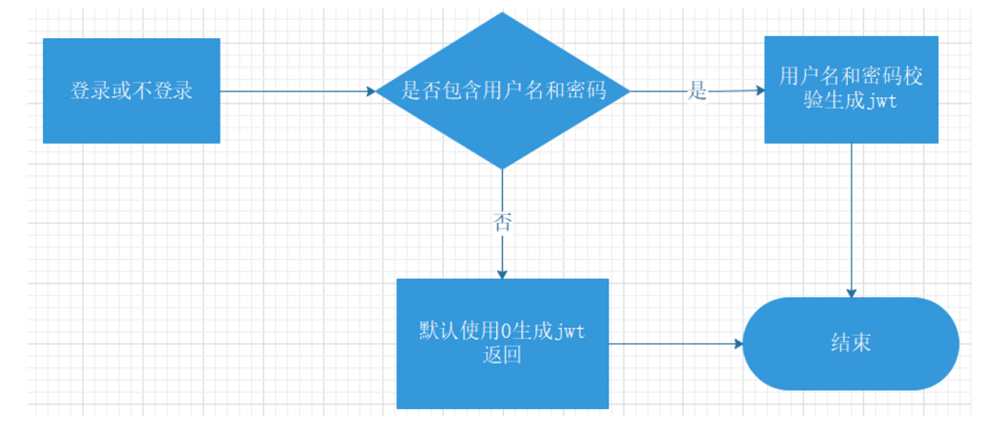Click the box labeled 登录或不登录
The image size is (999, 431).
click(x=131, y=90)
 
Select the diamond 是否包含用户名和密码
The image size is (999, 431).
click(x=503, y=91)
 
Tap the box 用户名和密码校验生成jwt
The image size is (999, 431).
click(x=851, y=89)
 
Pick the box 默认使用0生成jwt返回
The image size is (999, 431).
click(x=502, y=343)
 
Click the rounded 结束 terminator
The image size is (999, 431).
click(x=851, y=343)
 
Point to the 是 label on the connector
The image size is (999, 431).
click(x=698, y=92)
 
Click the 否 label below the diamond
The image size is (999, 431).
click(x=502, y=223)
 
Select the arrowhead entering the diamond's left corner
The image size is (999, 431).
click(x=371, y=92)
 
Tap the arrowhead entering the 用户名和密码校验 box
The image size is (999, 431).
click(x=759, y=91)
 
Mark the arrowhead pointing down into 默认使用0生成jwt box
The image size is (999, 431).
click(x=502, y=273)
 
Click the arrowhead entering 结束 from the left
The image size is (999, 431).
click(x=738, y=343)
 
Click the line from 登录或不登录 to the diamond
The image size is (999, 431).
click(x=295, y=92)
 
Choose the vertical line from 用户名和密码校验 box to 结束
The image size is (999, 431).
click(x=852, y=219)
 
